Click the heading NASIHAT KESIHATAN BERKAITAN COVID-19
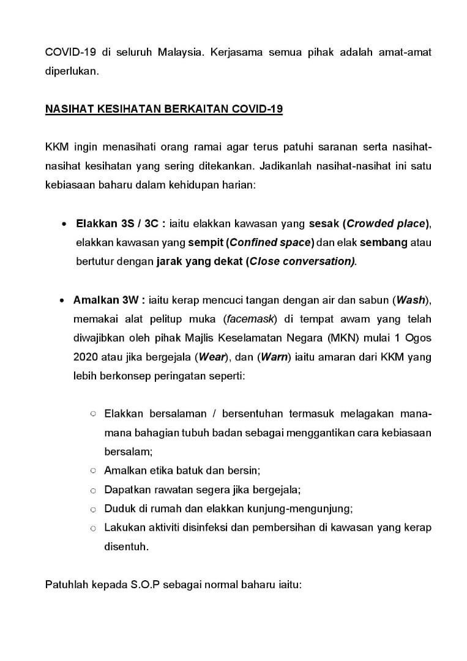point(164,110)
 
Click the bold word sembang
point(384,242)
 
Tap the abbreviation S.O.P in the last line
point(142,584)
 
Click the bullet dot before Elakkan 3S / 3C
point(64,224)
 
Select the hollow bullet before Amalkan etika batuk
point(93,471)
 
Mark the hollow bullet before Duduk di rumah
point(93,509)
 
